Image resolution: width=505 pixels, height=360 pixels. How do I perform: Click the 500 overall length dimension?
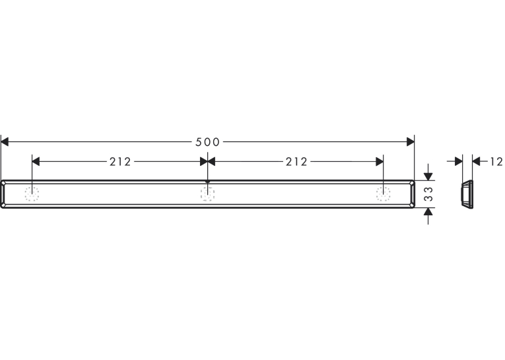pos(207,142)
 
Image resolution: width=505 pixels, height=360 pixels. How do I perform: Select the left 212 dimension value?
pos(120,161)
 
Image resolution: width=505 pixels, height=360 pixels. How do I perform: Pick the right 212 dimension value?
pos(296,161)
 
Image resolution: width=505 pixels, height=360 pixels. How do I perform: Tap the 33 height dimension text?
pos(428,194)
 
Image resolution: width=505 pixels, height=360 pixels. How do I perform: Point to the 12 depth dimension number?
pos(496,161)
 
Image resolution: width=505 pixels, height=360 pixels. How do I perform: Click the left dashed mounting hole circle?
pos(32,194)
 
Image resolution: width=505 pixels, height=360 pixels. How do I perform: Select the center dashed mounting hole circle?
pos(208,194)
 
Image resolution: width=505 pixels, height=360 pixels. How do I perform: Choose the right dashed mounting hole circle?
pos(384,194)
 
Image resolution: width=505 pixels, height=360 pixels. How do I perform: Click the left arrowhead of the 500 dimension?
pos(5,142)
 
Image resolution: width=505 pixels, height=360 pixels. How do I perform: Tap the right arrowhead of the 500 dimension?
pos(411,142)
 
